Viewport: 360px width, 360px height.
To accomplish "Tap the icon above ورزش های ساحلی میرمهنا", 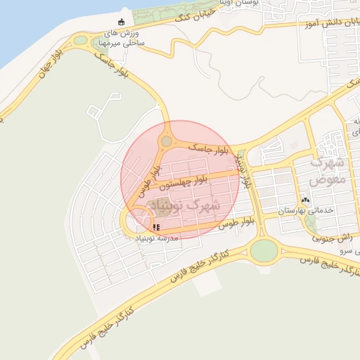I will [x=121, y=20].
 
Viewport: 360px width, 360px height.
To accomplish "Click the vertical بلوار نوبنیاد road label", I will [x=243, y=169].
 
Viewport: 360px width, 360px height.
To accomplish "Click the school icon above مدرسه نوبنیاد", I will [x=156, y=227].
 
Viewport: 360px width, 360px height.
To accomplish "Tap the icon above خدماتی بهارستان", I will [x=304, y=199].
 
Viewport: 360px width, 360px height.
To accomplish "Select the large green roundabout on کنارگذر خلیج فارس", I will [x=264, y=250].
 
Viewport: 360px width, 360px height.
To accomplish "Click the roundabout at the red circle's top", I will [x=166, y=142].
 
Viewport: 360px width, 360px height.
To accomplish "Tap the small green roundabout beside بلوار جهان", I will [x=81, y=40].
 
